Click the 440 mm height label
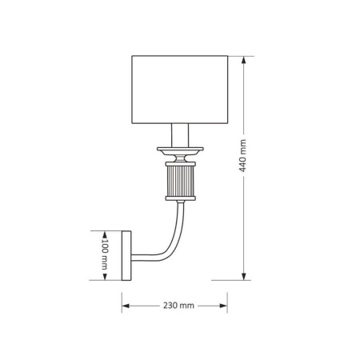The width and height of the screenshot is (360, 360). (242, 156)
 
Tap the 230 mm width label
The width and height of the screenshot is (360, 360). (178, 306)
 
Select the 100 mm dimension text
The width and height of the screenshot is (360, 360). (105, 254)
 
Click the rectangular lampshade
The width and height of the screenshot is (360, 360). (180, 90)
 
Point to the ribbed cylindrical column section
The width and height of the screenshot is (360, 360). (181, 182)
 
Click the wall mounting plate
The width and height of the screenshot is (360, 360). (126, 255)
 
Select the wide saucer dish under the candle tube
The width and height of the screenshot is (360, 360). (180, 150)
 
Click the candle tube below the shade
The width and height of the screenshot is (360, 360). (180, 135)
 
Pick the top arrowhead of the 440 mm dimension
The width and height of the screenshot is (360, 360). (243, 60)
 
